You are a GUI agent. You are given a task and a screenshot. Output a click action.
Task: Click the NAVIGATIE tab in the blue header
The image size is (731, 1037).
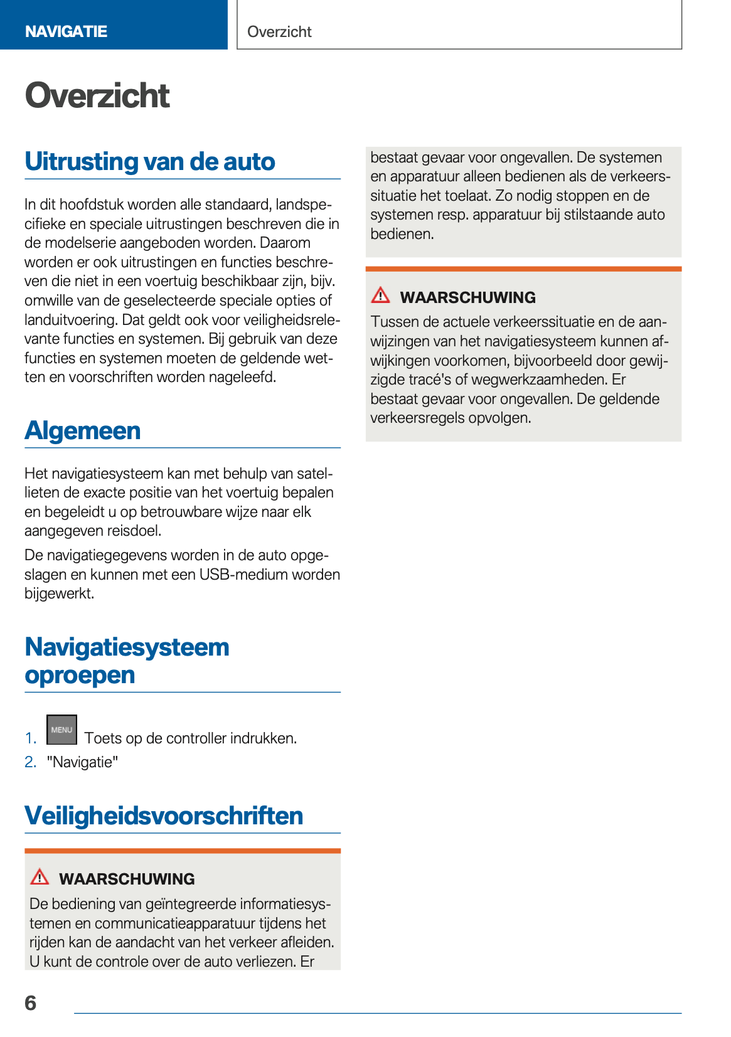pyautogui.click(x=66, y=31)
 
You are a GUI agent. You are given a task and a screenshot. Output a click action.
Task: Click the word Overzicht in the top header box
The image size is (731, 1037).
pyautogui.click(x=279, y=32)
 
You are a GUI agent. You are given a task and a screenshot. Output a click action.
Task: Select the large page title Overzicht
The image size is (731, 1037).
pyautogui.click(x=97, y=95)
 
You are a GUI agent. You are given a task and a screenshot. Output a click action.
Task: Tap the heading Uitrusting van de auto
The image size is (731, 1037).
pyautogui.click(x=150, y=161)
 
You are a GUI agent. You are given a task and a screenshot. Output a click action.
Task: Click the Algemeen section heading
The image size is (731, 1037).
pyautogui.click(x=82, y=430)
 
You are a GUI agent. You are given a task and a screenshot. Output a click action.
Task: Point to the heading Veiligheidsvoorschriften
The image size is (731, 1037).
pyautogui.click(x=164, y=816)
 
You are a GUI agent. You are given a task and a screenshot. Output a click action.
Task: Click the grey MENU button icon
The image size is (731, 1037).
pyautogui.click(x=61, y=730)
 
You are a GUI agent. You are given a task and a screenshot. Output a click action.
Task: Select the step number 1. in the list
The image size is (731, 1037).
pyautogui.click(x=31, y=738)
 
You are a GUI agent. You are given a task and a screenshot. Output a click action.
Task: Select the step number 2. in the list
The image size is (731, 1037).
pyautogui.click(x=31, y=762)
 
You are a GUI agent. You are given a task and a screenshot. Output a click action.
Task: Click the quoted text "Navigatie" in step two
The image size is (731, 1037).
pyautogui.click(x=82, y=762)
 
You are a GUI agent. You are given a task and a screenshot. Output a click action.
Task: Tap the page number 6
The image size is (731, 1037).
pyautogui.click(x=31, y=1003)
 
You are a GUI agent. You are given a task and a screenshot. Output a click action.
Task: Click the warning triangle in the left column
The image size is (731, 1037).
pyautogui.click(x=40, y=876)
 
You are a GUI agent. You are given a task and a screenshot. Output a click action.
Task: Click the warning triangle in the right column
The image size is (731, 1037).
pyautogui.click(x=380, y=295)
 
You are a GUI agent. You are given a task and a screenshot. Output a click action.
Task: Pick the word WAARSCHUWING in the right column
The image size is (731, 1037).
pyautogui.click(x=467, y=297)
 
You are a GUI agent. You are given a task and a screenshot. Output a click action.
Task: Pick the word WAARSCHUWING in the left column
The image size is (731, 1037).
pyautogui.click(x=127, y=879)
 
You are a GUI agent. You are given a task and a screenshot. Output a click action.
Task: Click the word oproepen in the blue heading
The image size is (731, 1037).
pyautogui.click(x=80, y=675)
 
